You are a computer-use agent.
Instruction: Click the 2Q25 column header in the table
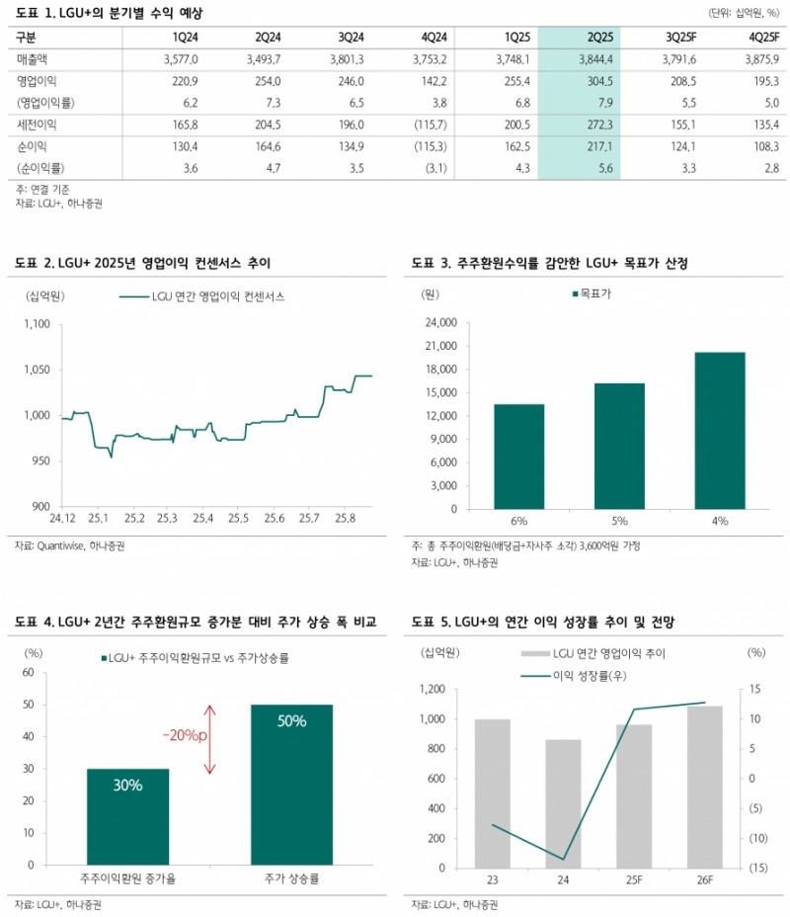click(x=600, y=37)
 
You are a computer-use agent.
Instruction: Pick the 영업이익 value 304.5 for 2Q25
click(x=600, y=80)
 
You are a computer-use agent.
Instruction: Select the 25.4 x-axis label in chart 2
click(x=203, y=518)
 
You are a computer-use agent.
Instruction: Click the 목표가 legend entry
click(x=591, y=293)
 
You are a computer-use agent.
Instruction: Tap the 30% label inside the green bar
click(x=127, y=786)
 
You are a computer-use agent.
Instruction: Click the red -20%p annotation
click(x=186, y=735)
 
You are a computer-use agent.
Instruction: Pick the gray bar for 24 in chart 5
click(x=564, y=803)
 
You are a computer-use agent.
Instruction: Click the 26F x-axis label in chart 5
click(x=705, y=880)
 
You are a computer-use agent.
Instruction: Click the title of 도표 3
click(x=549, y=263)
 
